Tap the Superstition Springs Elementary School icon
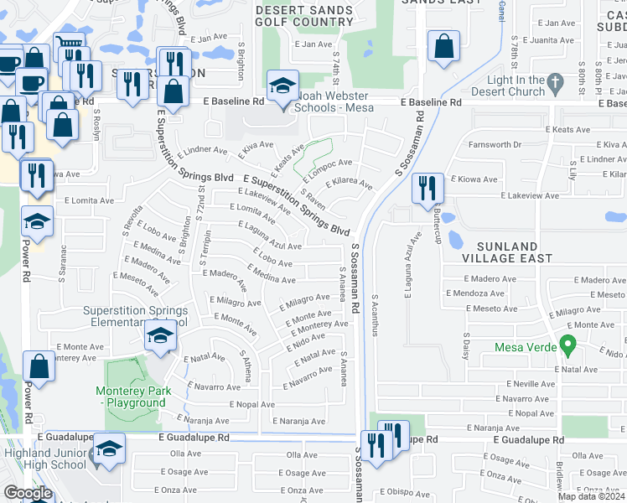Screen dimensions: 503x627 pyautogui.click(x=160, y=336)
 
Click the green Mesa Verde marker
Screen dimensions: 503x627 pyautogui.click(x=568, y=344)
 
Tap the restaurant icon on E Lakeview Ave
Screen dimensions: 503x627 pyautogui.click(x=427, y=188)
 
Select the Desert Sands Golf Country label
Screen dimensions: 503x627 pyautogui.click(x=304, y=15)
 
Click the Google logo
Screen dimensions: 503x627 pyautogui.click(x=28, y=492)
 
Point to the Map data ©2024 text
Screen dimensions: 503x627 pyautogui.click(x=592, y=496)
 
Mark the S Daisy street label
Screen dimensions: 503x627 pyautogui.click(x=465, y=344)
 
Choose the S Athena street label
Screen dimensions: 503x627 pyautogui.click(x=246, y=366)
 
